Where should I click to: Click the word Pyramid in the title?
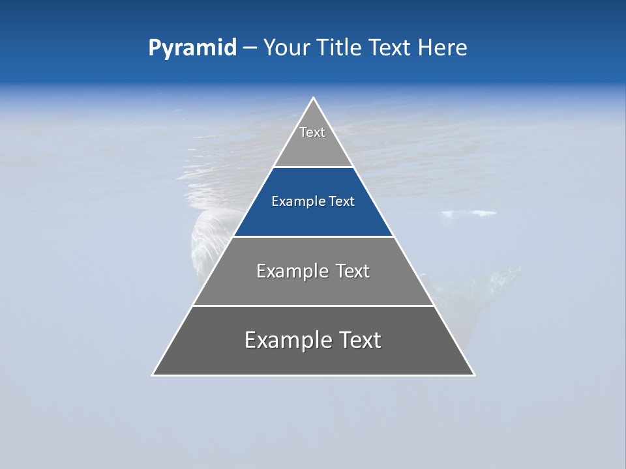click(192, 48)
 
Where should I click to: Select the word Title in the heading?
click(338, 48)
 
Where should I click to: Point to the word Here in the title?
click(442, 48)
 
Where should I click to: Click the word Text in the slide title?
click(390, 48)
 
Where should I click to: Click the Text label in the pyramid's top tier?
click(312, 132)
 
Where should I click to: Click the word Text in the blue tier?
click(342, 202)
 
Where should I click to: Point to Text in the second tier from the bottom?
click(353, 271)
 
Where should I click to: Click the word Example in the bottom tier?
click(286, 340)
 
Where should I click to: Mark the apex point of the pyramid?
click(313, 98)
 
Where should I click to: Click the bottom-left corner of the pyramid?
click(153, 375)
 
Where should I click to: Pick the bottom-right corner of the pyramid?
click(474, 375)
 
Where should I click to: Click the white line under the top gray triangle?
click(313, 167)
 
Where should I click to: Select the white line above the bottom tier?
click(313, 306)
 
